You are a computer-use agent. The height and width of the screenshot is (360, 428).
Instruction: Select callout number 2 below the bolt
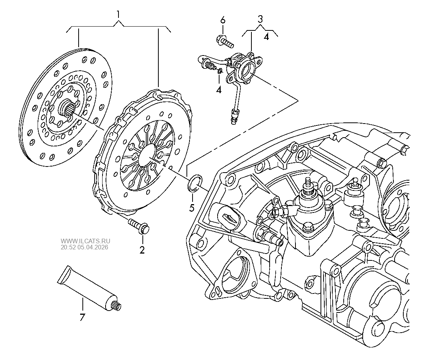142,250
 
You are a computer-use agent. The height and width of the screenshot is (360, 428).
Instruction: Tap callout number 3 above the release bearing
260,19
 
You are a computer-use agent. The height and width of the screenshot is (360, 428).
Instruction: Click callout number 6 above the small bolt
223,19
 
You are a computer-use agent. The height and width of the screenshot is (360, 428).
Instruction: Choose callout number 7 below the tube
82,317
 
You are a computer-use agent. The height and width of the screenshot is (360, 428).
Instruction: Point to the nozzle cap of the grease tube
117,305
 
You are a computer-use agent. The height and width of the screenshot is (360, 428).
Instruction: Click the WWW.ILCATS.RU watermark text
85,241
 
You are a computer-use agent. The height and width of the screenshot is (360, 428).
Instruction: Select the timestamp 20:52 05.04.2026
84,247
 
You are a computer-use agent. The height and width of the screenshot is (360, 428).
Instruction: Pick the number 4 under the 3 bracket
266,37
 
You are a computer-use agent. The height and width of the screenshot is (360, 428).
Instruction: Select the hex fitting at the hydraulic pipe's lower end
234,114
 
